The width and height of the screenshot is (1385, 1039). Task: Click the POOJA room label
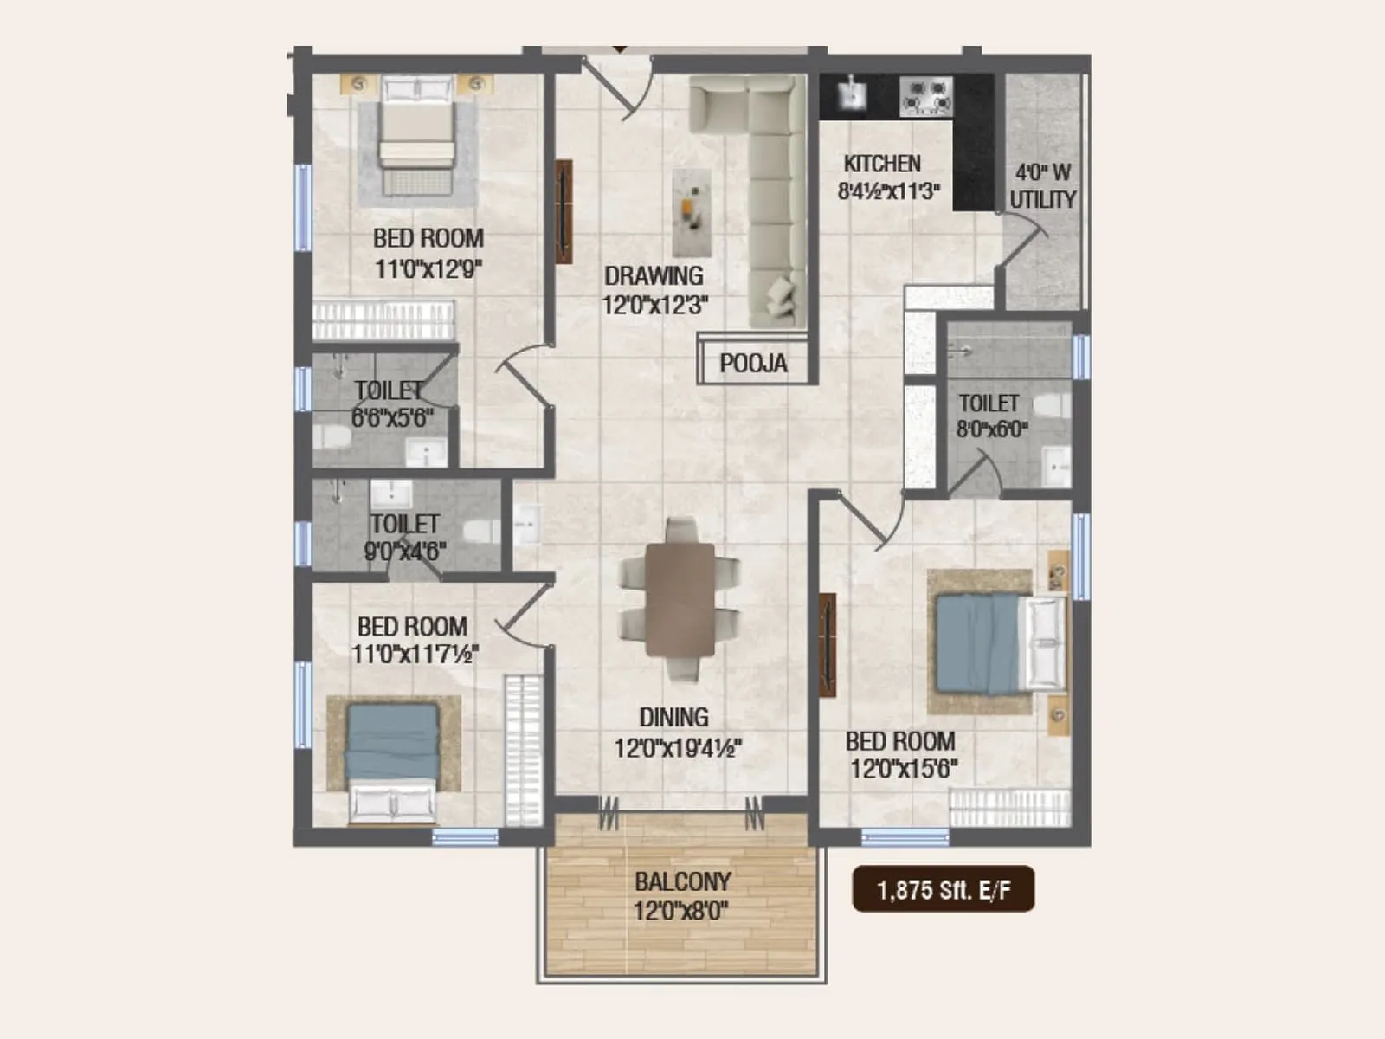pyautogui.click(x=753, y=364)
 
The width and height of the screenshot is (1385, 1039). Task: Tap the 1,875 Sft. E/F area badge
pyautogui.click(x=943, y=889)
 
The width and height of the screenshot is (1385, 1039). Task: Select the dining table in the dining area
pyautogui.click(x=680, y=599)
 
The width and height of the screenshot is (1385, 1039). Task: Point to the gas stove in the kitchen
pyautogui.click(x=926, y=95)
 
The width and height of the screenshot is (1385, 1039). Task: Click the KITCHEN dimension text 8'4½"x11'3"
pyautogui.click(x=888, y=191)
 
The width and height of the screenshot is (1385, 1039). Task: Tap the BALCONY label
pyautogui.click(x=682, y=881)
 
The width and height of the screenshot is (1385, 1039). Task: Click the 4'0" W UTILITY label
pyautogui.click(x=1042, y=186)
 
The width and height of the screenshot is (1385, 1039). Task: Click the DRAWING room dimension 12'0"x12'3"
pyautogui.click(x=655, y=305)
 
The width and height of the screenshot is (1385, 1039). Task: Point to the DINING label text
pyautogui.click(x=673, y=717)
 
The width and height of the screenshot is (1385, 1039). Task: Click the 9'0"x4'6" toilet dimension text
pyautogui.click(x=404, y=551)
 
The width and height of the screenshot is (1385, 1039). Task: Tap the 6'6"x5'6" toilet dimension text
pyautogui.click(x=392, y=418)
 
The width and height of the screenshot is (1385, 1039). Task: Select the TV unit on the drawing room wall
pyautogui.click(x=564, y=211)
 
